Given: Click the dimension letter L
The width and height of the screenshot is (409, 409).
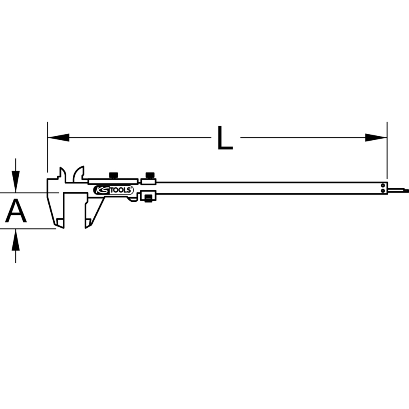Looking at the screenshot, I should (225, 138).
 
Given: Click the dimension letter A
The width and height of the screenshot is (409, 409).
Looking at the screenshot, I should (16, 212).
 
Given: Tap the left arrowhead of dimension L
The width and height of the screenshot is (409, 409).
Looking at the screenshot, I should (58, 138).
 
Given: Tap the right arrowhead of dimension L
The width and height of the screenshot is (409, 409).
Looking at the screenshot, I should (376, 138).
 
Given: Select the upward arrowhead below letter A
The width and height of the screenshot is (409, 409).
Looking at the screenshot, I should (16, 240).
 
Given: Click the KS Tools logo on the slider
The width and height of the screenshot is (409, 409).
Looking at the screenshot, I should (113, 191).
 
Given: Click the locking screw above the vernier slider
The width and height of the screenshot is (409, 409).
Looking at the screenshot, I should (113, 175).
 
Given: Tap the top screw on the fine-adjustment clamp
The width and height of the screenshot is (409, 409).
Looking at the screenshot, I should (150, 175).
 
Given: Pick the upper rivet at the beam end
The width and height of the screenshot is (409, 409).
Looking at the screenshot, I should (383, 185).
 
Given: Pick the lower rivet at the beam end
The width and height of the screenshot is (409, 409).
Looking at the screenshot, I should (383, 191).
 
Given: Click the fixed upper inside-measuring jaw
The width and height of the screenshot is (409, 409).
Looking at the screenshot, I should (63, 174).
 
